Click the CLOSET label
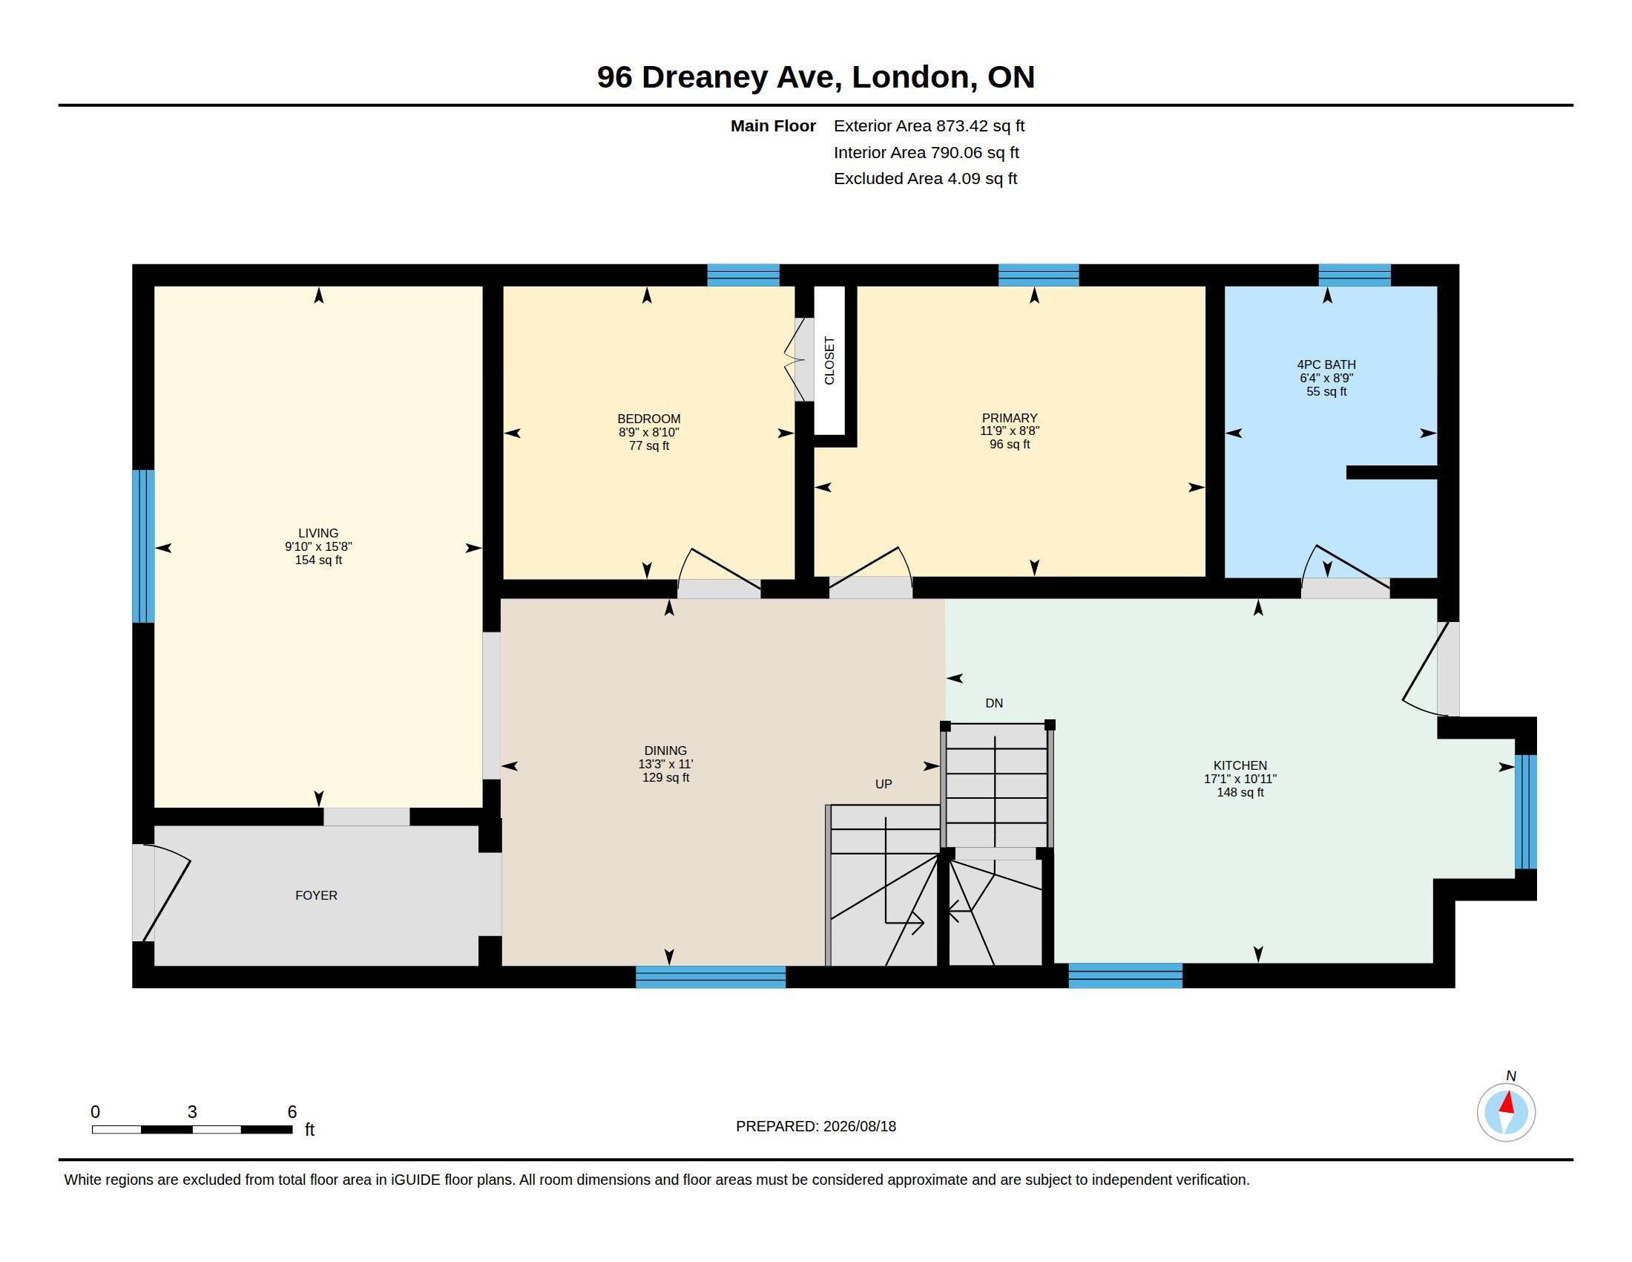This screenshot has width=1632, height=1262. click(x=829, y=361)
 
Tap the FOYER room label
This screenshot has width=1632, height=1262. click(x=316, y=895)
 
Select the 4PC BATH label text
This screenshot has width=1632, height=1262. click(x=1326, y=364)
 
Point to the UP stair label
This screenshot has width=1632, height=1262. click(x=884, y=783)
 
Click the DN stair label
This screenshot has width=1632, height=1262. click(x=994, y=703)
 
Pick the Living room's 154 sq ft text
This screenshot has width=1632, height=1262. click(x=318, y=560)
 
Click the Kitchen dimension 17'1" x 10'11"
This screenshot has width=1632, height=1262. click(x=1240, y=778)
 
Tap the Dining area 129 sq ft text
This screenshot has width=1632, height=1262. click(x=666, y=777)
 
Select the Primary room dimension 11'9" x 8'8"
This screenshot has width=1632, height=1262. click(x=1010, y=431)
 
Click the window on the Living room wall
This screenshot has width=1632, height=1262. click(x=143, y=546)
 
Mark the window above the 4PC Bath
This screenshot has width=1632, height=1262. click(x=1354, y=275)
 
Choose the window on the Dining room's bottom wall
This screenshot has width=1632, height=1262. click(x=711, y=976)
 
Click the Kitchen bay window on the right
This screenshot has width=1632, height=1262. click(x=1526, y=811)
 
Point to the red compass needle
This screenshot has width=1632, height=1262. click(x=1507, y=1102)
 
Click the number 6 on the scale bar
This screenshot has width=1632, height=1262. click(x=292, y=1112)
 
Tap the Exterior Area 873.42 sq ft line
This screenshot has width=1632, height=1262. click(x=929, y=125)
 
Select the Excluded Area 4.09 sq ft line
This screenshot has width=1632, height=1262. click(x=925, y=178)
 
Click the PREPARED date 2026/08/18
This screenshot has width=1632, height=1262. click(x=859, y=1126)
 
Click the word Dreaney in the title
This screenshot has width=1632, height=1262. click(x=704, y=78)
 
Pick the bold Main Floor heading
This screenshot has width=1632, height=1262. click(x=773, y=125)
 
